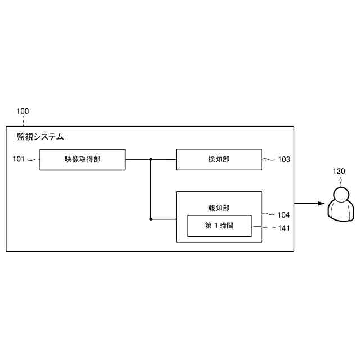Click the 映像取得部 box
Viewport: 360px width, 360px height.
coord(82,160)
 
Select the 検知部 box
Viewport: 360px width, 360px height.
coord(219,160)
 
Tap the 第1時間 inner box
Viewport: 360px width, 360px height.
coord(219,226)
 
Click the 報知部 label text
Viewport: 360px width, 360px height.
coord(219,208)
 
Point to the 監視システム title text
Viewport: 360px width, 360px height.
coord(40,137)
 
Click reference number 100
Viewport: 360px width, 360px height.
coord(23,111)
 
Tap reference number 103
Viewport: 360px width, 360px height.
coord(283,160)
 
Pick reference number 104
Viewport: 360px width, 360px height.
coord(283,215)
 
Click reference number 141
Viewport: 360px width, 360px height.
coord(283,228)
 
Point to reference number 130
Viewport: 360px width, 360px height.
coord(339,171)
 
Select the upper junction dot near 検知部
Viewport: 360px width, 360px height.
coord(151,160)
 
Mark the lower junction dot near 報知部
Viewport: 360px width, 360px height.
coord(151,218)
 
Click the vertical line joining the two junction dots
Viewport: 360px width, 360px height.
coord(151,189)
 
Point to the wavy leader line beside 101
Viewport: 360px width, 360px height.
coord(33,160)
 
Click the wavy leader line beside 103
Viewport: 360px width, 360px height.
coord(269,160)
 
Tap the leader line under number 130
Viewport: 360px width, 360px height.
coord(340,181)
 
